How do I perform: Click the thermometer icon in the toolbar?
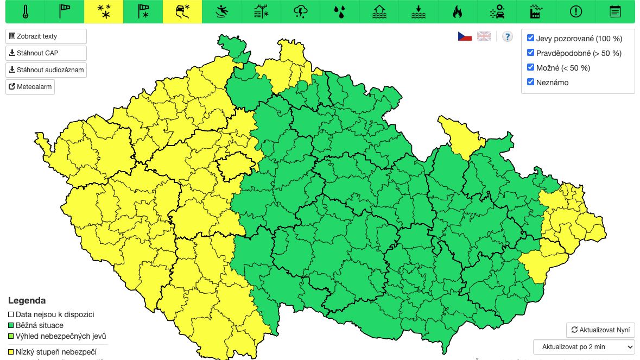(x=26, y=11)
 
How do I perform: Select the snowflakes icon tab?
(x=104, y=11)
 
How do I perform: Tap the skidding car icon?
(x=182, y=11)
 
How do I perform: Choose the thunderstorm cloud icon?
(x=300, y=11)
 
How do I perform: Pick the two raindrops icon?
(x=339, y=11)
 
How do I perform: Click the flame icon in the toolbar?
(x=458, y=11)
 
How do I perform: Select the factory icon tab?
(x=537, y=11)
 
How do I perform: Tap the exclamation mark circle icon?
(x=576, y=11)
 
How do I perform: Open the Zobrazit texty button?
(x=46, y=36)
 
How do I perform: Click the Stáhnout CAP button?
(x=46, y=53)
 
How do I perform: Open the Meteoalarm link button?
(x=30, y=87)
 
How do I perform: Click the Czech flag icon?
(x=465, y=36)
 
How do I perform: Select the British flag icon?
(x=484, y=36)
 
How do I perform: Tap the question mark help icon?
(x=508, y=36)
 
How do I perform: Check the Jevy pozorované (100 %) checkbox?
(x=531, y=39)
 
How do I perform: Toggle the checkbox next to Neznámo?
(x=531, y=83)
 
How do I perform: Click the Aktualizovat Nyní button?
(x=600, y=330)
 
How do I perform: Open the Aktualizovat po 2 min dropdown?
(x=584, y=346)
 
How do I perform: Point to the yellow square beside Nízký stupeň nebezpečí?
(x=11, y=352)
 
